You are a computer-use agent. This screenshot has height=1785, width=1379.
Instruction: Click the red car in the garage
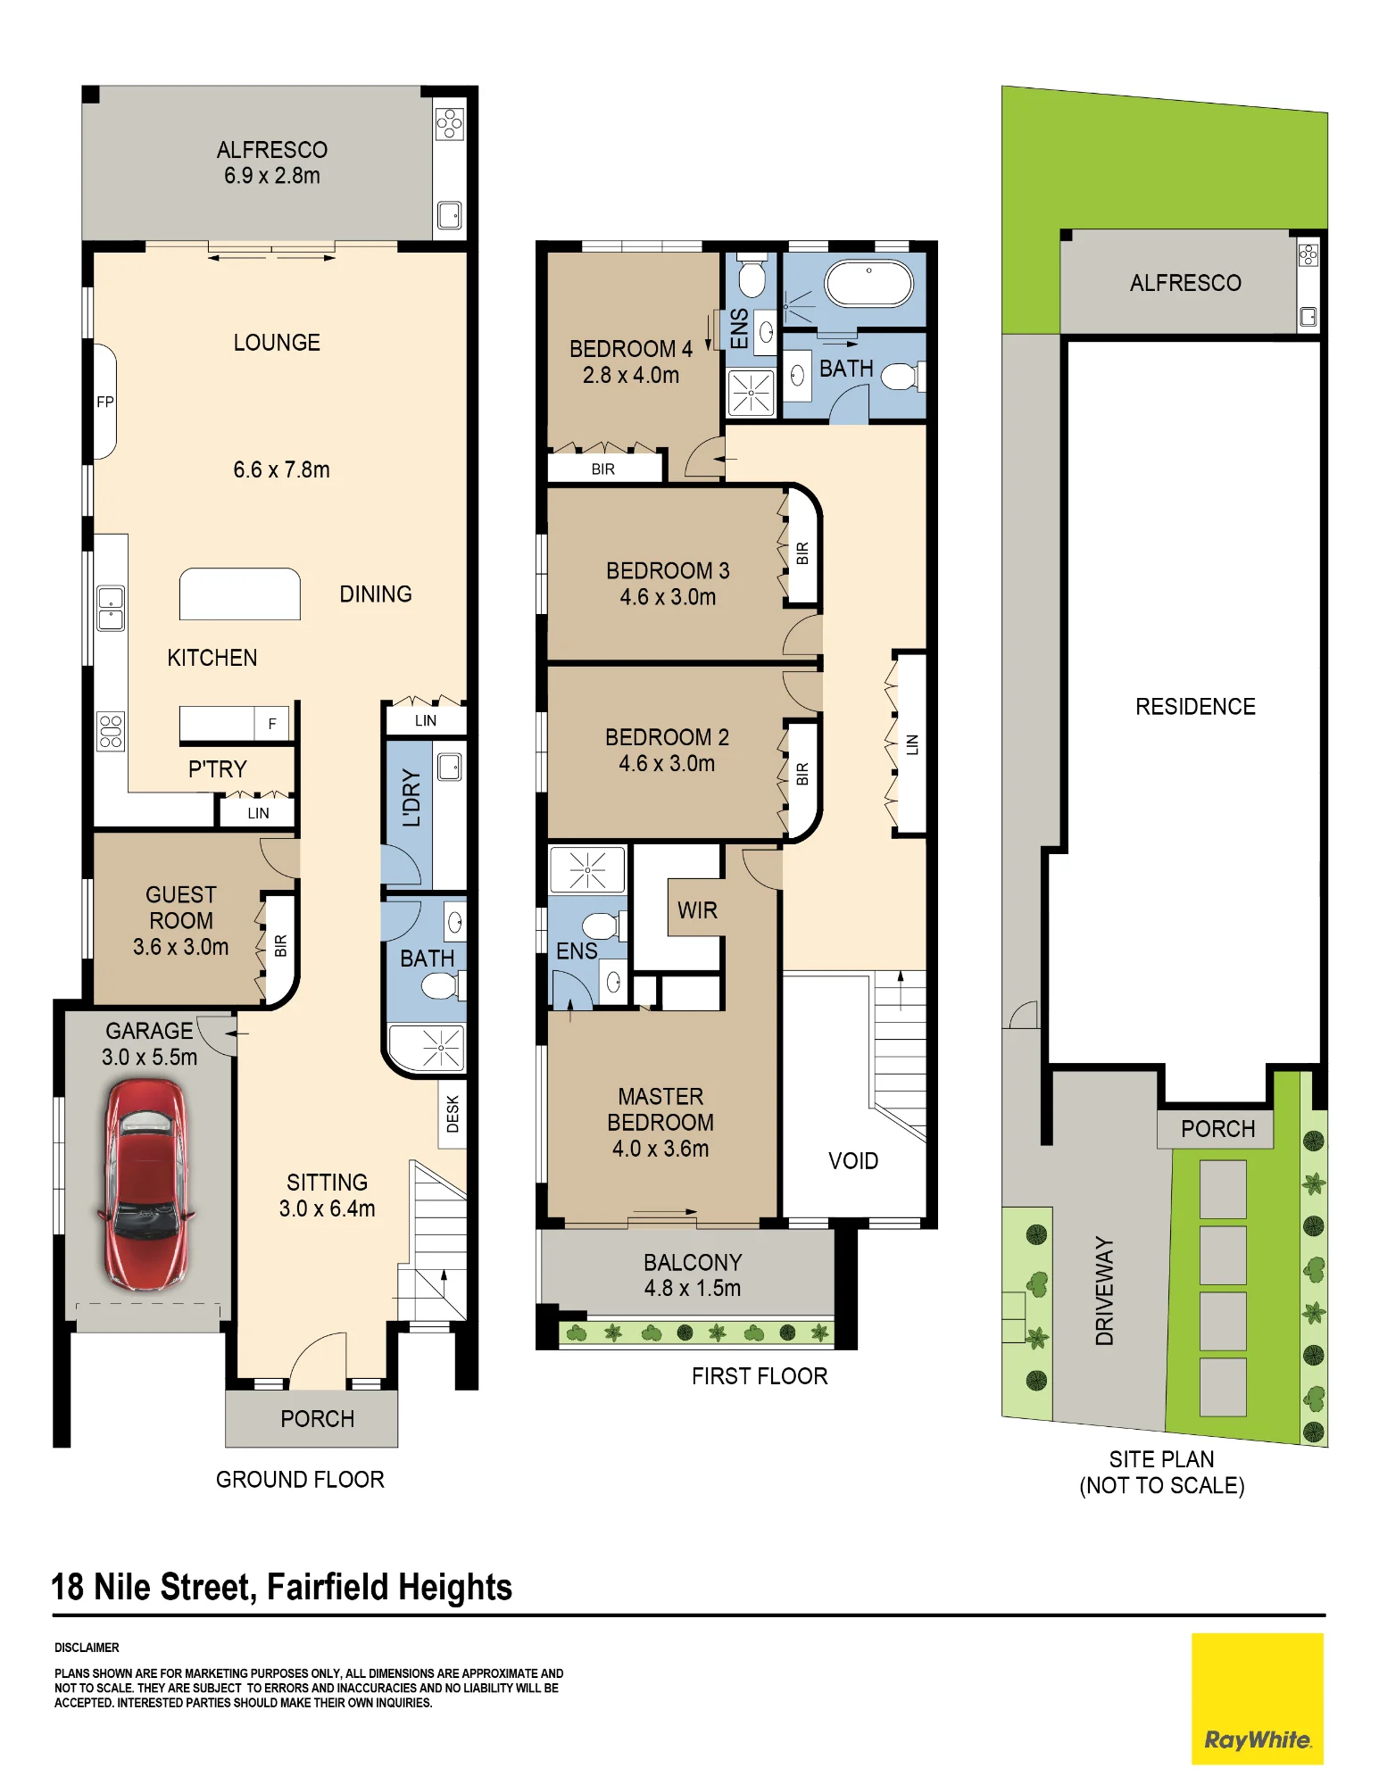[x=145, y=1184]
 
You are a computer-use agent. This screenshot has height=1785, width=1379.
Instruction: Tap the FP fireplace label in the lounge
[x=105, y=402]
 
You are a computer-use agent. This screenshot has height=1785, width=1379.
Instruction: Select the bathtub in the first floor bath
[x=868, y=284]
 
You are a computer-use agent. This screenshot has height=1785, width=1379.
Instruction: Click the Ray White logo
[x=1258, y=1698]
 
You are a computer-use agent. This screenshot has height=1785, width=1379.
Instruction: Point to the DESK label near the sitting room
[x=453, y=1114]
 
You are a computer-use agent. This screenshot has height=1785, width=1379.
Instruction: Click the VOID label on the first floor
[x=853, y=1161]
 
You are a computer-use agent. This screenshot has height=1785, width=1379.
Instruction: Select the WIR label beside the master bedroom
[x=697, y=910]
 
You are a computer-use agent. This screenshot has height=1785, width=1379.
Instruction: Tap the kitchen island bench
[x=240, y=594]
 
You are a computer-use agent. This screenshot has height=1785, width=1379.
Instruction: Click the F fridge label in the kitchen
[x=272, y=724]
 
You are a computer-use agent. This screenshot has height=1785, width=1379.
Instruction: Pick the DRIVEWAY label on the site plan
[x=1105, y=1291]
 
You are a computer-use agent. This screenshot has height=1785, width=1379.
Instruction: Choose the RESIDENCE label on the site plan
[x=1195, y=707]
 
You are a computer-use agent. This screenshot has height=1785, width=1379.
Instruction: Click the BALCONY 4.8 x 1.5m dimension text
[x=693, y=1288]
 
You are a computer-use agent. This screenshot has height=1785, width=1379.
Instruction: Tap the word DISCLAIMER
[x=87, y=1648]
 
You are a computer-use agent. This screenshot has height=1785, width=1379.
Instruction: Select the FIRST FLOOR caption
[x=760, y=1376]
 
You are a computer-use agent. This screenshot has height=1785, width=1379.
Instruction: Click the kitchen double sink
[x=111, y=609]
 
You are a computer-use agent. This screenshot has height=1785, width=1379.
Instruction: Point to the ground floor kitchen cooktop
[x=111, y=732]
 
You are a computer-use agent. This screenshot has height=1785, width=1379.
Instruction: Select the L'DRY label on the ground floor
[x=411, y=798]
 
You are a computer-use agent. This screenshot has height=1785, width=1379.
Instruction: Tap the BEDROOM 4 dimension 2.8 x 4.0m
[x=631, y=376]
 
